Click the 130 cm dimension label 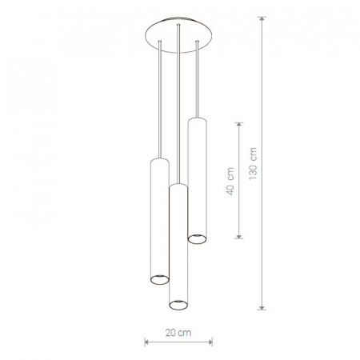click(253, 164)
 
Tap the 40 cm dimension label click(230, 182)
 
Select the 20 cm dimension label click(178, 333)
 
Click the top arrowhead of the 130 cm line click(262, 19)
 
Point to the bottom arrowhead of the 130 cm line click(262, 307)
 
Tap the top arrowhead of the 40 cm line click(239, 125)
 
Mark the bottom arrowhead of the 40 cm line click(239, 236)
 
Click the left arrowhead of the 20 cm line click(146, 342)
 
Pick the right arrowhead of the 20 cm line click(210, 342)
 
